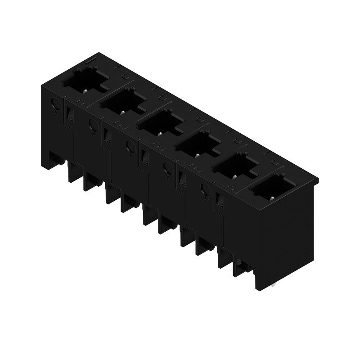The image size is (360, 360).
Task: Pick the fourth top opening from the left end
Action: click(x=198, y=143)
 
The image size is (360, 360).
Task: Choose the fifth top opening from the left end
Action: click(x=235, y=165)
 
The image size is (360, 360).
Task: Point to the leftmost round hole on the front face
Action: click(x=56, y=104)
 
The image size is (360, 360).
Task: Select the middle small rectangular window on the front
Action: click(x=144, y=156)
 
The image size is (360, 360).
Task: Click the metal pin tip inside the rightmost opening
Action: click(x=271, y=197)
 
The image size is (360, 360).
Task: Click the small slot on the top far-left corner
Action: click(x=90, y=59)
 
